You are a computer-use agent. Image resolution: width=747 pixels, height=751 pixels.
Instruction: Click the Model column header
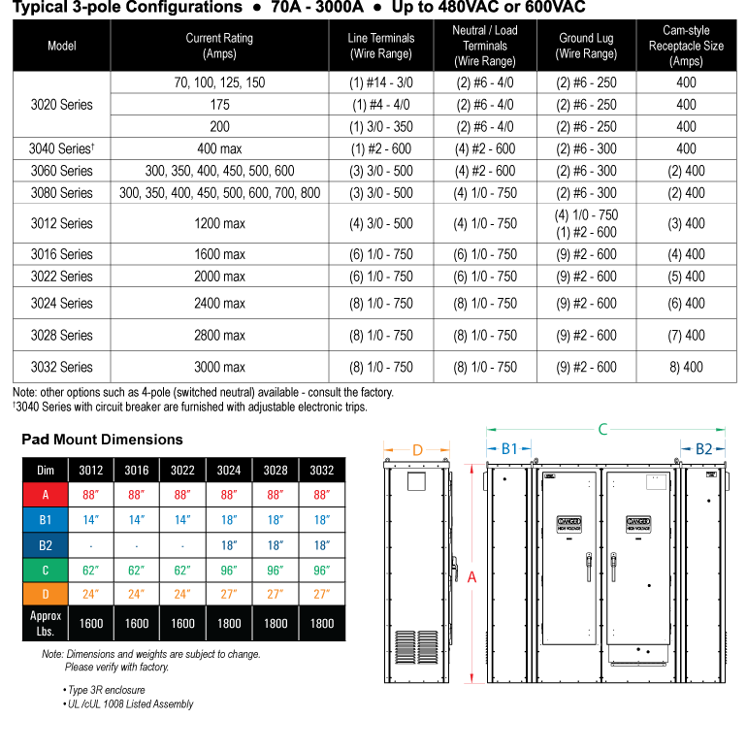point(61,46)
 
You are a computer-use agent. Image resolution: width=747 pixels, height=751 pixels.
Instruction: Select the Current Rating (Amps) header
point(219,46)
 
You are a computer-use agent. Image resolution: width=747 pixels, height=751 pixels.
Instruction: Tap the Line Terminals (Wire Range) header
point(380,46)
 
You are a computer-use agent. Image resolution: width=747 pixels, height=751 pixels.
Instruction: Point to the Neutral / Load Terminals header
point(484,46)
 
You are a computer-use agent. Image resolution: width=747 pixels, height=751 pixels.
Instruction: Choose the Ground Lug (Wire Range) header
point(586,46)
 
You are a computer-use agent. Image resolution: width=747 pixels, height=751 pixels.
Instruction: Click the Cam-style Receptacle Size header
point(686,46)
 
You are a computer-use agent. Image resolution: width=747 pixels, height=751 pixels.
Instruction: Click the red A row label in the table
point(46,495)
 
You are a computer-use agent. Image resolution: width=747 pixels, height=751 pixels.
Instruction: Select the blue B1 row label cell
point(46,520)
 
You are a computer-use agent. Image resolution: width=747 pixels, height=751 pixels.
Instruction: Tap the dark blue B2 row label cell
point(46,545)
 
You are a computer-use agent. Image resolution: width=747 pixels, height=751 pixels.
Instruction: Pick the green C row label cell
point(46,571)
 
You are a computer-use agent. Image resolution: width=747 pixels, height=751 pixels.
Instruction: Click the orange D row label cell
point(46,594)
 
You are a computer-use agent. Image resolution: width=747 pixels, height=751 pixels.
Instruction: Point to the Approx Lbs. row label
point(46,624)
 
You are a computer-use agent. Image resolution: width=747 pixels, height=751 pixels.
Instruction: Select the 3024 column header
point(229,471)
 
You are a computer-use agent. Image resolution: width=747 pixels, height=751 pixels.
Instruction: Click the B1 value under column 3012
point(91,520)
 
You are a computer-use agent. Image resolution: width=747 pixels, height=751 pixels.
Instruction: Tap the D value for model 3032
point(321,594)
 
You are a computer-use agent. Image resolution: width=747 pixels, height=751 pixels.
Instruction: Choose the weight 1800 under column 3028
point(276,624)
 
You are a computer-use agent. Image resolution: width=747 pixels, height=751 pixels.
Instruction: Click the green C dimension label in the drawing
point(602,429)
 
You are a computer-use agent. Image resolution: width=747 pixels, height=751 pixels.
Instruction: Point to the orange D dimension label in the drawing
point(417,450)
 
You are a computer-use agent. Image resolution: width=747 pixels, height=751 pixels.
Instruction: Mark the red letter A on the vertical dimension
point(472,577)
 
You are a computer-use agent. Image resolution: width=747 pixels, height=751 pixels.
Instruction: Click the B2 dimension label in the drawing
point(703,449)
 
